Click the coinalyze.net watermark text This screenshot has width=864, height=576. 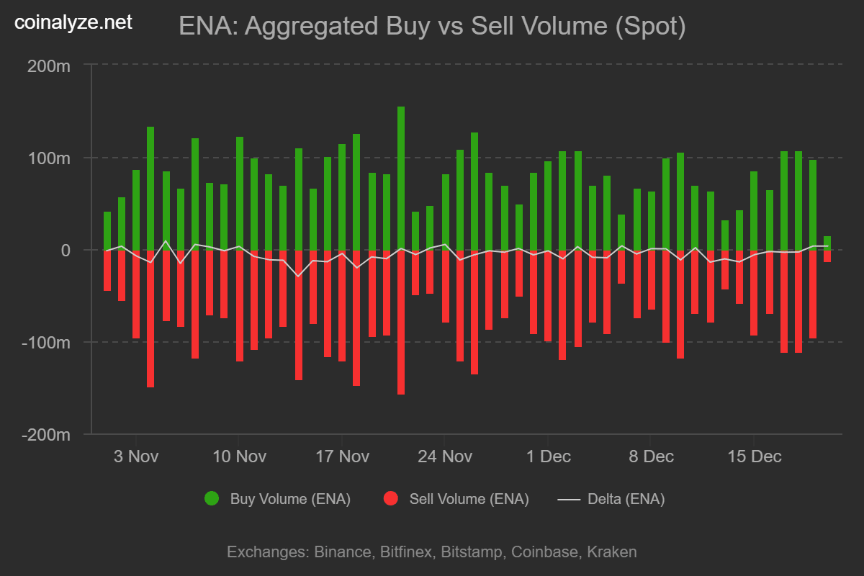pyautogui.click(x=74, y=23)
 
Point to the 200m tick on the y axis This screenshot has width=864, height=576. pyautogui.click(x=49, y=66)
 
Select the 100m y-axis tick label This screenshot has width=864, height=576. pyautogui.click(x=49, y=158)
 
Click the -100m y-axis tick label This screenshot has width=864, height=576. pyautogui.click(x=46, y=342)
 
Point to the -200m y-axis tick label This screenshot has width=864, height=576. pyautogui.click(x=46, y=434)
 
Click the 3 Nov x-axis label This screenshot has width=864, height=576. pyautogui.click(x=136, y=456)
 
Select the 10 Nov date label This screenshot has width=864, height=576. pyautogui.click(x=239, y=456)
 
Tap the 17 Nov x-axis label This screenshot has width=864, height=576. pyautogui.click(x=342, y=456)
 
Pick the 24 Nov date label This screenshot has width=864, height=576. pyautogui.click(x=445, y=456)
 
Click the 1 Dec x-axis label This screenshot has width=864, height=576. pyautogui.click(x=548, y=456)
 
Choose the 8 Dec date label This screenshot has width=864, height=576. pyautogui.click(x=651, y=456)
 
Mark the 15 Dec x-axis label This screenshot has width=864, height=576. pyautogui.click(x=754, y=456)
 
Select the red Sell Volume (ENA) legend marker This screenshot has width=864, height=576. pyautogui.click(x=391, y=499)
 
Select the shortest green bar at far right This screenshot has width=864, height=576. pyautogui.click(x=827, y=243)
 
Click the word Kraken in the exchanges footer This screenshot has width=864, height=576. pyautogui.click(x=612, y=552)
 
